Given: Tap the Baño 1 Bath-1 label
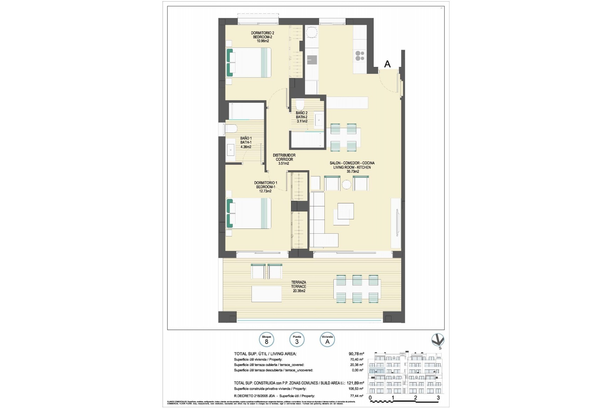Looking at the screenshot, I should (x=246, y=142).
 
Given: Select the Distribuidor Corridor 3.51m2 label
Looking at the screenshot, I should (x=284, y=159).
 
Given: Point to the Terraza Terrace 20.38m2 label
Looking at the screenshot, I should (x=298, y=287).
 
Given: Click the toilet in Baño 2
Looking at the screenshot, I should (x=300, y=105).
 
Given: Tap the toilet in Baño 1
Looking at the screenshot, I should (x=230, y=129).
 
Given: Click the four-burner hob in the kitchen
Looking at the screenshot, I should (x=360, y=56).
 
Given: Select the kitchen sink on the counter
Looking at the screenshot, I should (x=311, y=60).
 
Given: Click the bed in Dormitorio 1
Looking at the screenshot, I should (x=249, y=213).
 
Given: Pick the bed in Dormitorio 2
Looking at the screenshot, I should (x=249, y=62).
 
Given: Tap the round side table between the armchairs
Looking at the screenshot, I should (x=346, y=185).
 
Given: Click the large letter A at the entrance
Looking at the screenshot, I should (x=387, y=64).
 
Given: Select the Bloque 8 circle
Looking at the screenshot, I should (x=266, y=340).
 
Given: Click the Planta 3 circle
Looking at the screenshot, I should (x=297, y=340).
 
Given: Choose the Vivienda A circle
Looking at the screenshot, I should (x=327, y=340).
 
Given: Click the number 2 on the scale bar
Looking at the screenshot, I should (x=415, y=398).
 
